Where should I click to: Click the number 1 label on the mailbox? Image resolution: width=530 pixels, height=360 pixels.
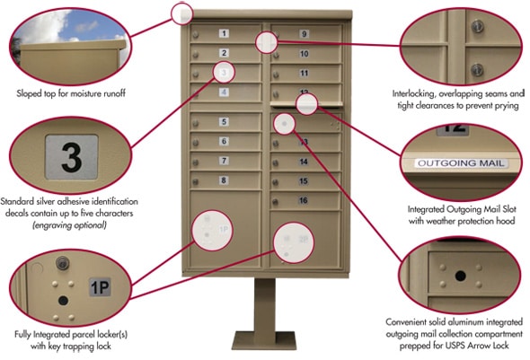[224, 33]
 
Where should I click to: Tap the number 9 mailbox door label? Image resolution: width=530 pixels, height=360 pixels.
[305, 34]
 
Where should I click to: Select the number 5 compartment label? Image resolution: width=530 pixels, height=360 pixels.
[224, 121]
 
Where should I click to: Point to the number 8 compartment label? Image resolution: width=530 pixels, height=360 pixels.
[224, 180]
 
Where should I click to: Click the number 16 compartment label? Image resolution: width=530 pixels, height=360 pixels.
[305, 200]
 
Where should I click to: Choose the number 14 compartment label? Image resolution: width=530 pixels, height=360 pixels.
[305, 162]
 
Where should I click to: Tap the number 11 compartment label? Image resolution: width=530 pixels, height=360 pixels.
[305, 73]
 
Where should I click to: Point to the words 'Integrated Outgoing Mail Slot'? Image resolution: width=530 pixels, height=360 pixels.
[458, 208]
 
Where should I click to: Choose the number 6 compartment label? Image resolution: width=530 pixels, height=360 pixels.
[224, 141]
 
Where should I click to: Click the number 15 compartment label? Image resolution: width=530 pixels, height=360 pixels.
[305, 180]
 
